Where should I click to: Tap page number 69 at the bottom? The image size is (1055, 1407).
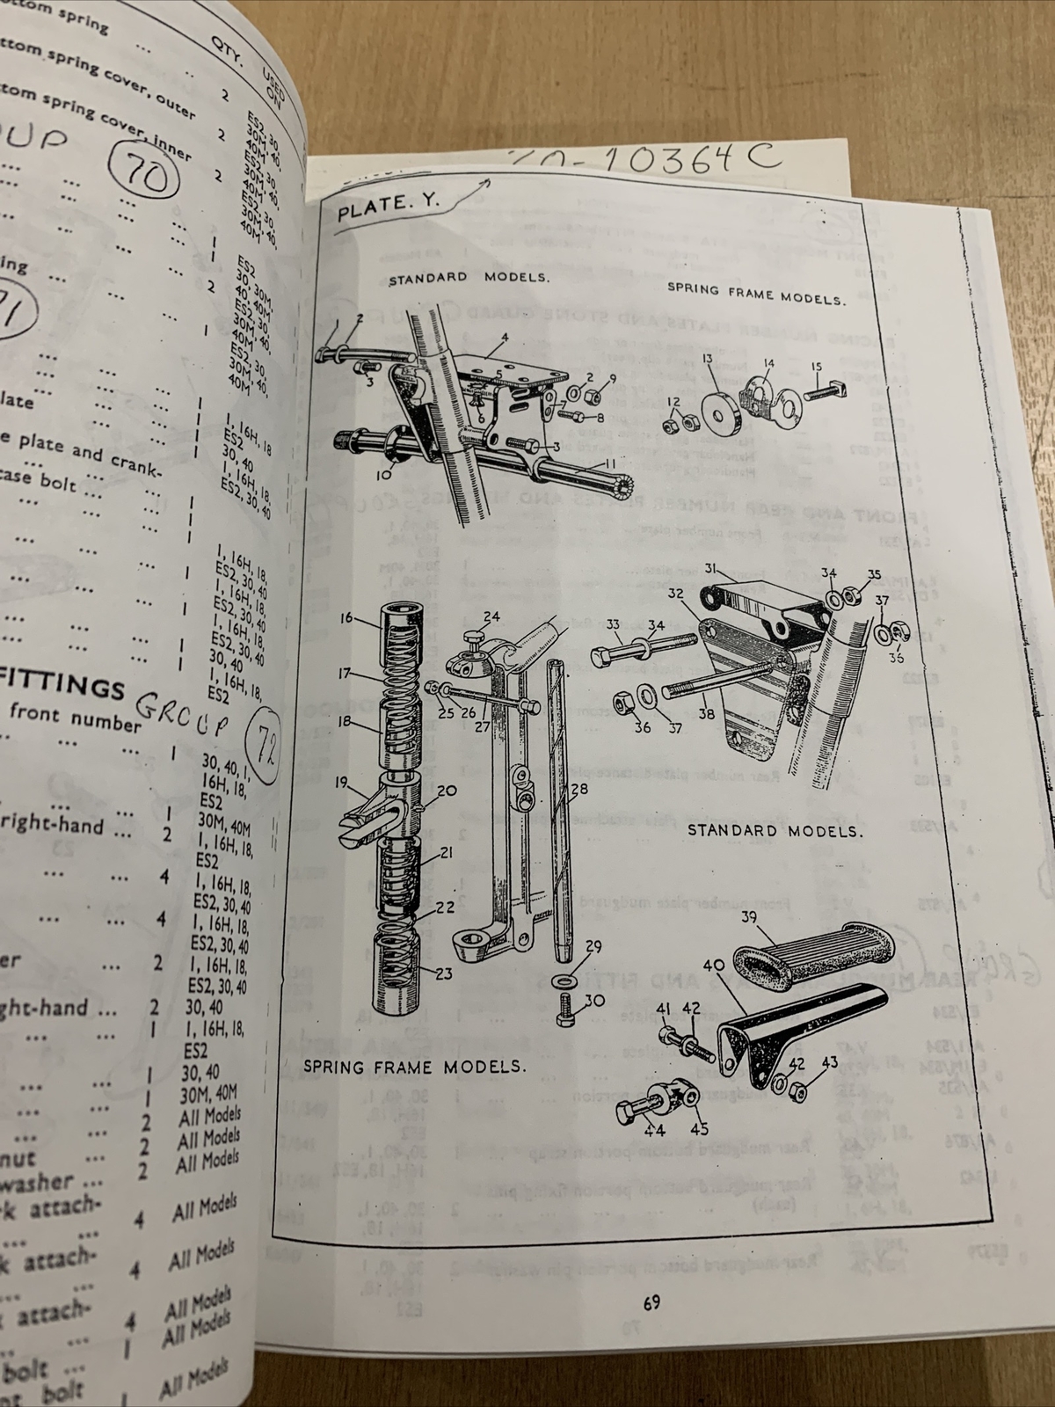(651, 1301)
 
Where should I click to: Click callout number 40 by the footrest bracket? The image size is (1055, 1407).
(713, 965)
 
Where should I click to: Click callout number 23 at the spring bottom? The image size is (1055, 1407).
(442, 973)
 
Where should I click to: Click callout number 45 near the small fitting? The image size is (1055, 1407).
(699, 1128)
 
